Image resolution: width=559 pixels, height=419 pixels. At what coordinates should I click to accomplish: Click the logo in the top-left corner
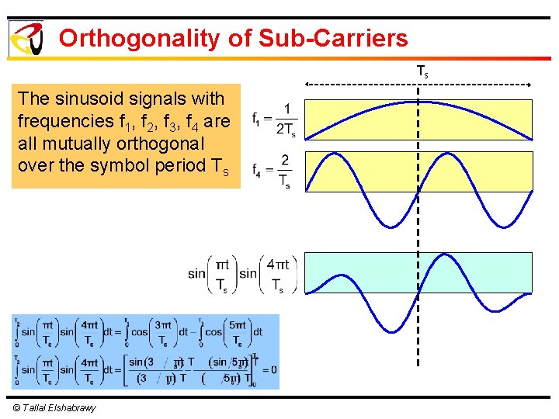pyautogui.click(x=26, y=37)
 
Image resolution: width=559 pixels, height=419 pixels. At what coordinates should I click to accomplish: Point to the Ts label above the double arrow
pyautogui.click(x=422, y=72)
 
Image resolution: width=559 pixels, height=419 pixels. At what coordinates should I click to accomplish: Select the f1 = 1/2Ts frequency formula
pyautogui.click(x=274, y=119)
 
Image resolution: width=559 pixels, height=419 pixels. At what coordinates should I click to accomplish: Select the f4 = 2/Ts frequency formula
pyautogui.click(x=271, y=171)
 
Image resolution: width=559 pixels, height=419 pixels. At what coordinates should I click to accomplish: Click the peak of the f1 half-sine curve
pyautogui.click(x=418, y=102)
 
